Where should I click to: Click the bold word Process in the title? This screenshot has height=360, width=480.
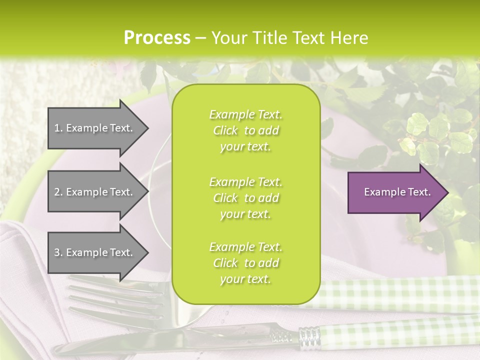157,38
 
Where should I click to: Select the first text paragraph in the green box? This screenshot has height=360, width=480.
245,130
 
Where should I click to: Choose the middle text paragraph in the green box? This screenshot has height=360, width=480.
245,198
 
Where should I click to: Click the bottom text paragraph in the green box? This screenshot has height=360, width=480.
245,263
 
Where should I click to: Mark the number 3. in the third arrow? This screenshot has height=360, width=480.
58,252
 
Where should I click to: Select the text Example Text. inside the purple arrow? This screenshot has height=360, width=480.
397,192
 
